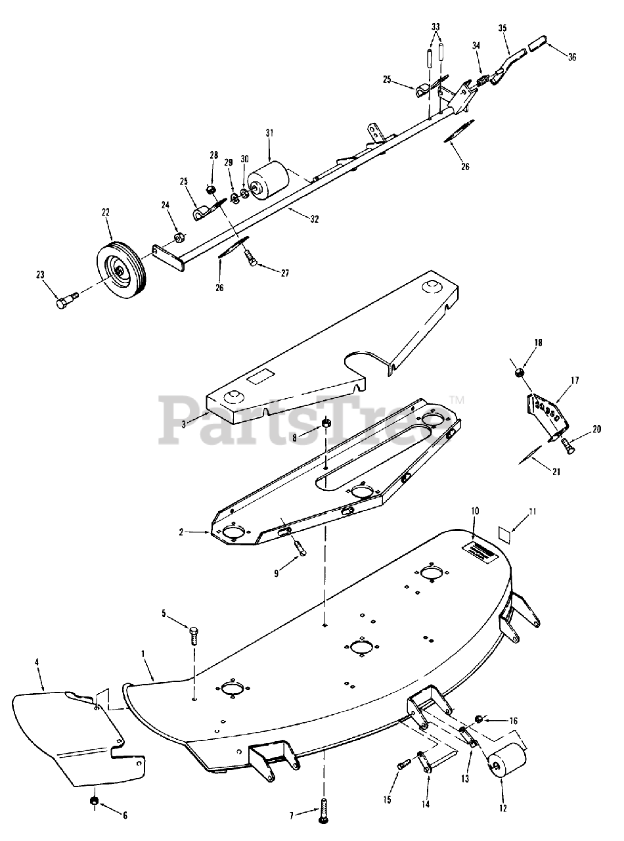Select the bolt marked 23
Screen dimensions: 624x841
[65, 302]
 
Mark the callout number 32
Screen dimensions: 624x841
[315, 219]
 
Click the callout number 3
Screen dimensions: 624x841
[185, 422]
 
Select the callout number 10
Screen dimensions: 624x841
[475, 511]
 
